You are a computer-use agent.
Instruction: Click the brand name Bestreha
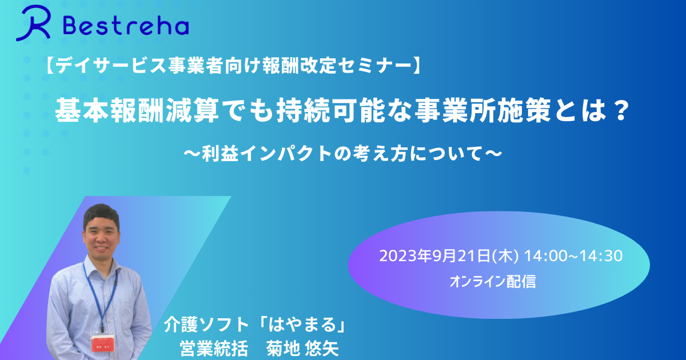tap(126, 26)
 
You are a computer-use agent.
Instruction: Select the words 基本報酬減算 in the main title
tap(137, 110)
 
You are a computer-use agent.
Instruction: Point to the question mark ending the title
tap(620, 110)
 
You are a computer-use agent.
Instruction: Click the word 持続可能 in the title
tap(330, 110)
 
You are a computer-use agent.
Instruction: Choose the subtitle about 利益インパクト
tap(343, 153)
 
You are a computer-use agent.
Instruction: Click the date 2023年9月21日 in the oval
tap(435, 256)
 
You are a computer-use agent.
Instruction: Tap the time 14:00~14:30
tap(573, 256)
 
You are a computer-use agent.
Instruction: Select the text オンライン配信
tap(493, 281)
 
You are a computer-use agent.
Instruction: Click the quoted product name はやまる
tap(302, 325)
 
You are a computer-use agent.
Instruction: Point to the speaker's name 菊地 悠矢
tap(302, 349)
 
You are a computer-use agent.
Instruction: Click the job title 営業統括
tap(214, 349)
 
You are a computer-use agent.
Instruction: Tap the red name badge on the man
tap(103, 343)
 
